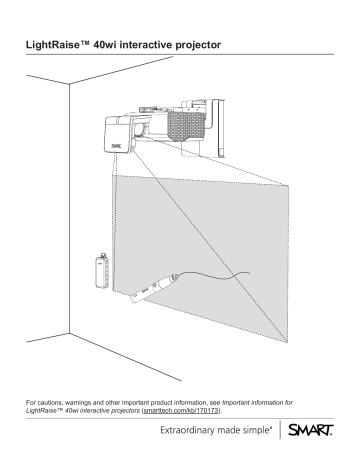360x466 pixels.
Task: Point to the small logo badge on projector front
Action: [x=116, y=143]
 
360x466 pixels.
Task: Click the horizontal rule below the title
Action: [x=180, y=60]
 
